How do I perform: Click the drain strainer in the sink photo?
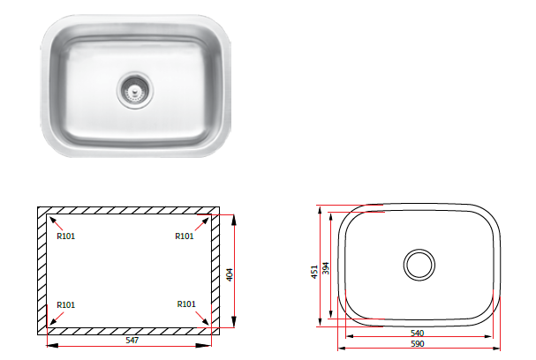coord(135,90)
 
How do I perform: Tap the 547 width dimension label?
coord(132,341)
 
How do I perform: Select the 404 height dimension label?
coord(230,274)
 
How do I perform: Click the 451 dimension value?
coord(314,272)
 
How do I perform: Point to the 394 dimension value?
coord(326,268)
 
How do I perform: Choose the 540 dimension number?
coord(417,333)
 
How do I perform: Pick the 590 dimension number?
coord(417,343)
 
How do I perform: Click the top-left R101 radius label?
coord(65,236)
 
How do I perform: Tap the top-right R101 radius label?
coord(185,236)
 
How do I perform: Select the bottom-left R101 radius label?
coord(65,304)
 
